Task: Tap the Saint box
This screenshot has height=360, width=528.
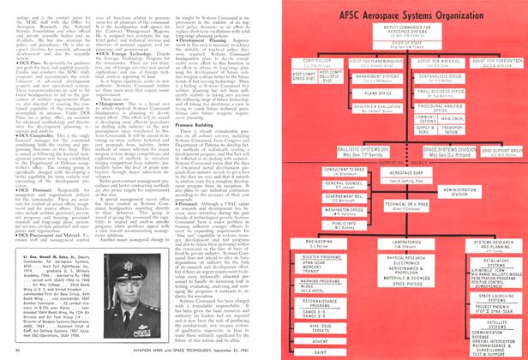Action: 323,352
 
